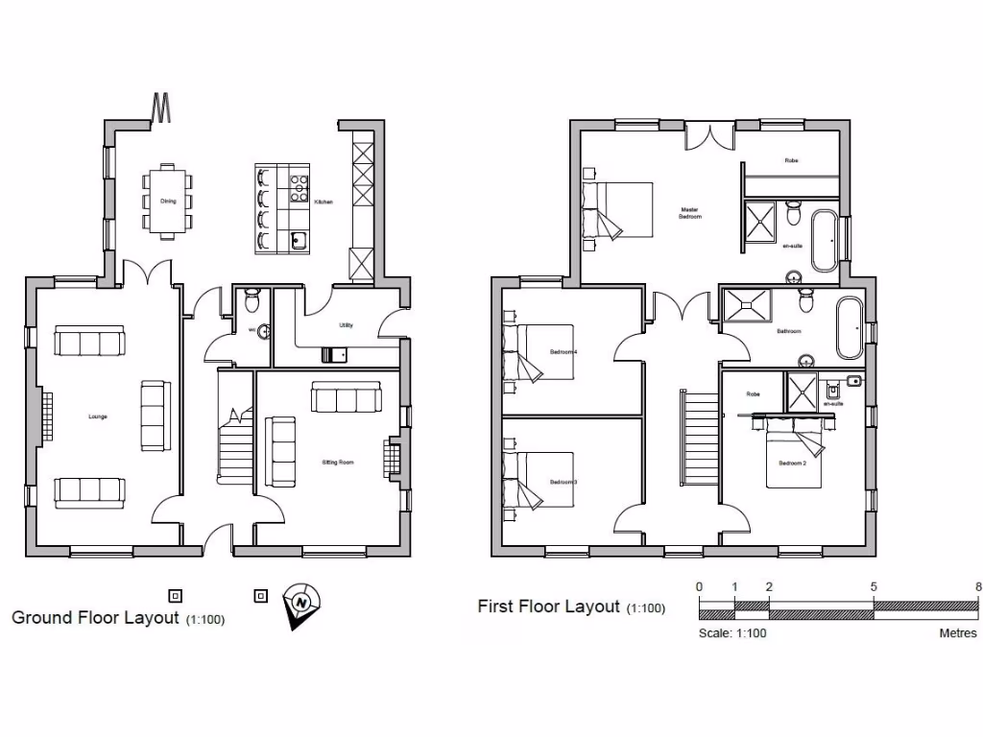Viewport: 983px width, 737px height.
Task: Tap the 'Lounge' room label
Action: click(97, 416)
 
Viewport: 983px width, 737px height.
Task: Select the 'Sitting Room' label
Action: click(338, 463)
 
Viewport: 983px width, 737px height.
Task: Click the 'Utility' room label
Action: click(346, 325)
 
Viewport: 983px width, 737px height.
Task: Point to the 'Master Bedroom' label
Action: click(690, 213)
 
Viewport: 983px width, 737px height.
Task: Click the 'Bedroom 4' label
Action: click(563, 352)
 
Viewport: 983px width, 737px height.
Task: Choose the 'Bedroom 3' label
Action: click(563, 482)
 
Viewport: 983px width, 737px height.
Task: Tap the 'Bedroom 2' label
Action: click(792, 464)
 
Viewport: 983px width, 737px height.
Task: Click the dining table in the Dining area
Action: click(167, 201)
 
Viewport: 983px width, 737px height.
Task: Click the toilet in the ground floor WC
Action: click(252, 301)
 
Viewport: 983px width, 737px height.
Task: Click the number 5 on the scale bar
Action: click(874, 587)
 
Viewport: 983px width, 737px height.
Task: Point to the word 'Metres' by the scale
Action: click(957, 633)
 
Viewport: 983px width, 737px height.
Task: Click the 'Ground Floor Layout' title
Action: click(95, 617)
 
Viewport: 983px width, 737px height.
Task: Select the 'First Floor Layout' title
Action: click(548, 606)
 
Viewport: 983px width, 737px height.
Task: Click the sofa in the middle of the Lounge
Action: click(155, 416)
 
